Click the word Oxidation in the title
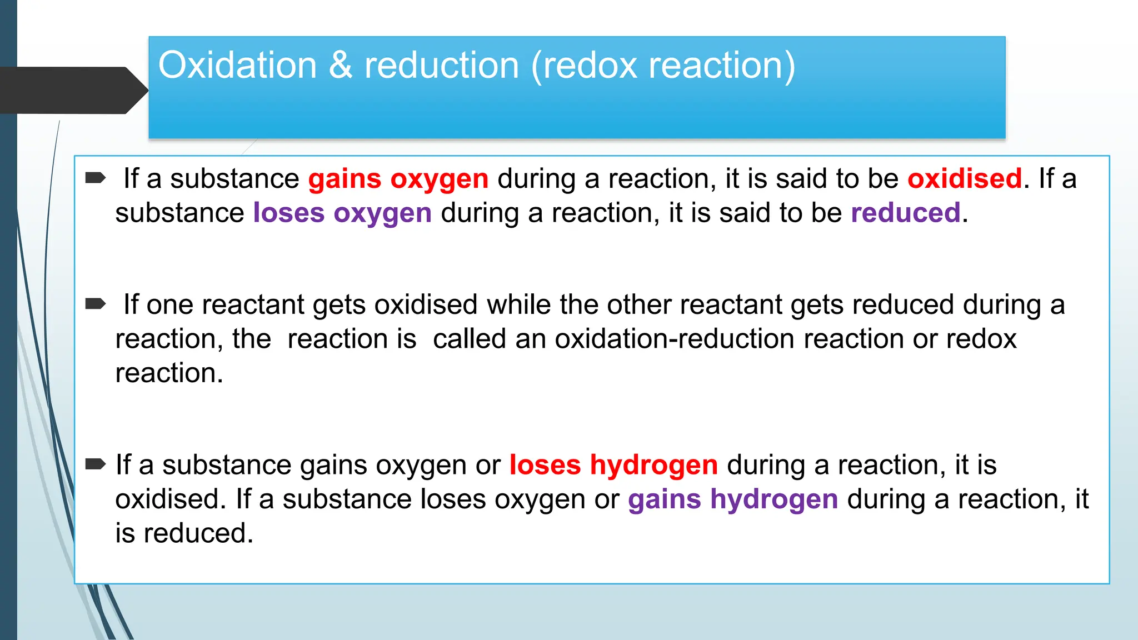(237, 66)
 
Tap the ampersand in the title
(340, 66)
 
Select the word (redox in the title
(583, 66)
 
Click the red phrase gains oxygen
(398, 179)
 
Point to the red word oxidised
(964, 179)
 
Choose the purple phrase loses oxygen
(342, 213)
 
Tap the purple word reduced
(905, 213)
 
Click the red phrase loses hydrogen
(613, 465)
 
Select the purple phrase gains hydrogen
(732, 499)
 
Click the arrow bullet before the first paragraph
(96, 178)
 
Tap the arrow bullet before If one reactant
(96, 304)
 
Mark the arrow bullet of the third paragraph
(96, 464)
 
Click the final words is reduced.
(184, 533)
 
